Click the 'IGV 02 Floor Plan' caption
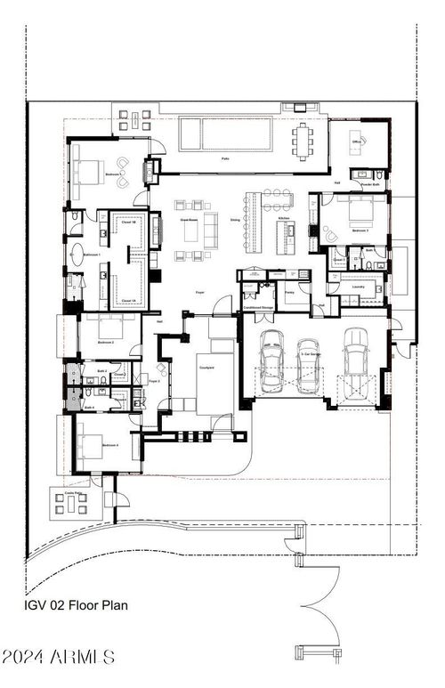[76, 605]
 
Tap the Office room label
[356, 142]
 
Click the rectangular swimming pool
[225, 134]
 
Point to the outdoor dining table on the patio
[305, 139]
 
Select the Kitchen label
[284, 218]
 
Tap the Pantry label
[289, 291]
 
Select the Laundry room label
[359, 287]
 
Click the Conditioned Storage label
[257, 309]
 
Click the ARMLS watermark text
[58, 658]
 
